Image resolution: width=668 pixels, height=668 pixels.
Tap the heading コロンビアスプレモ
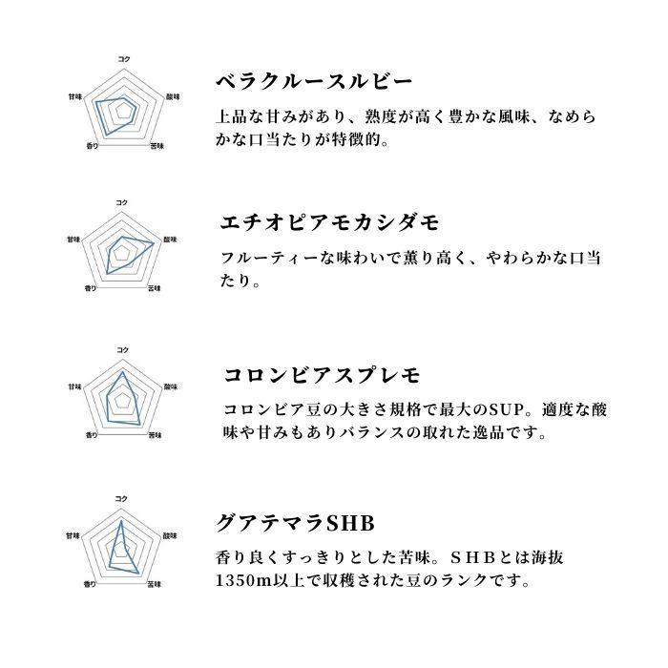pyautogui.click(x=322, y=374)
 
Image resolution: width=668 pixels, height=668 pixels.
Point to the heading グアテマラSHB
pyautogui.click(x=294, y=523)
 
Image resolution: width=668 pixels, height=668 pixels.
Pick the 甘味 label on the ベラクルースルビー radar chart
pyautogui.click(x=73, y=96)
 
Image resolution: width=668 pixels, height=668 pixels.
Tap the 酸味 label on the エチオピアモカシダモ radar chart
pyautogui.click(x=170, y=239)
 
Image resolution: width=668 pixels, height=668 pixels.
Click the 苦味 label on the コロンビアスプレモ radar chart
pyautogui.click(x=156, y=435)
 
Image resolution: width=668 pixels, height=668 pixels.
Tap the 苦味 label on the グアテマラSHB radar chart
pyautogui.click(x=156, y=582)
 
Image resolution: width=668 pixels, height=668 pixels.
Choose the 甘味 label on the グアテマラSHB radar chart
pyautogui.click(x=73, y=535)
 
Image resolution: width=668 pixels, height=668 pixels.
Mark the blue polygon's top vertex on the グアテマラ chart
pyautogui.click(x=121, y=521)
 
